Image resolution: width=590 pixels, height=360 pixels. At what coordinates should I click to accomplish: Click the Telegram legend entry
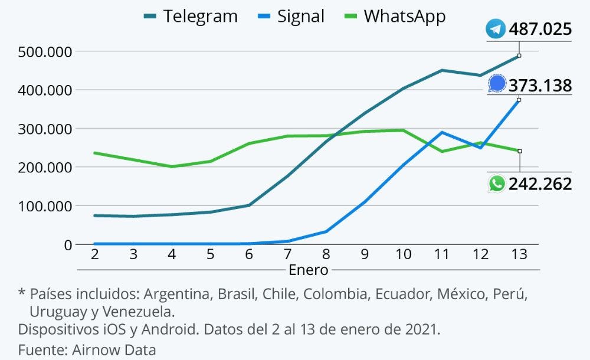click(190, 16)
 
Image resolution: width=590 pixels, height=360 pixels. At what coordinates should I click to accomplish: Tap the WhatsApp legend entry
click(394, 16)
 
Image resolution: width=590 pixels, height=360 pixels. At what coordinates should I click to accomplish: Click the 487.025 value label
click(540, 29)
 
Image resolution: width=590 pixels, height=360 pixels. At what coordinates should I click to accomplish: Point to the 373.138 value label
click(540, 86)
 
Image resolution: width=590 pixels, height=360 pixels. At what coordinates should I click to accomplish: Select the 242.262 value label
click(540, 184)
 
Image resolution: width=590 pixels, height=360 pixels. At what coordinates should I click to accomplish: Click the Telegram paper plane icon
click(496, 29)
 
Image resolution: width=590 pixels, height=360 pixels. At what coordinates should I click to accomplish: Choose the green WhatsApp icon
click(497, 184)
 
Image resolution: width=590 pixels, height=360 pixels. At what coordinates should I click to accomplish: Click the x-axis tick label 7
click(287, 254)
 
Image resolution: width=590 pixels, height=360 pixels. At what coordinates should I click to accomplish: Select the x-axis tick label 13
click(519, 254)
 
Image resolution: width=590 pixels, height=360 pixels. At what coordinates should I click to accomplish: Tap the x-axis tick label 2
click(94, 254)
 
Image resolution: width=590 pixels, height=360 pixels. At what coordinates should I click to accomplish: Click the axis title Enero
click(308, 270)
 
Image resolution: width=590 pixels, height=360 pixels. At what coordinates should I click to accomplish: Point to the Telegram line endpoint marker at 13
click(519, 55)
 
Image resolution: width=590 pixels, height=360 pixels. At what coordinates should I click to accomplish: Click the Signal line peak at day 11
click(442, 132)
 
